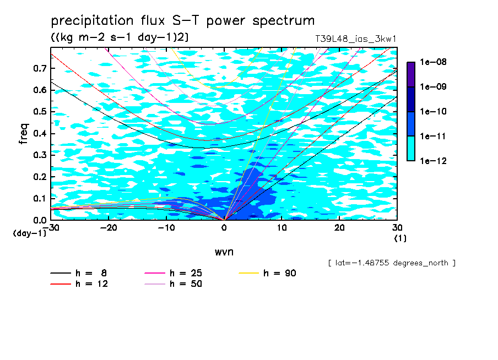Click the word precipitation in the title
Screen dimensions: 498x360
tap(92, 21)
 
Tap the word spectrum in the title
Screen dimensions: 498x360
tap(283, 21)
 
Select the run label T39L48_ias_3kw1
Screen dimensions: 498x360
tap(355, 39)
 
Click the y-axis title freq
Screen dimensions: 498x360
tap(24, 134)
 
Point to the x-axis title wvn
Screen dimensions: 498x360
tap(224, 252)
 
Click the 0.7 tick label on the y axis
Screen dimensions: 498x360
tap(40, 68)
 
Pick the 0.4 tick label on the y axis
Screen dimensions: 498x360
tap(40, 133)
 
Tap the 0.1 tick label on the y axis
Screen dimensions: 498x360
tap(40, 198)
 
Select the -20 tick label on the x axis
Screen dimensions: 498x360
tap(109, 228)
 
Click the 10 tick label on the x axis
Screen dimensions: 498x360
tap(282, 228)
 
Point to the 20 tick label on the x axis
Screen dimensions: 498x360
tap(339, 228)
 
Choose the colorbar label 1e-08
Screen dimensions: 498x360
tap(433, 62)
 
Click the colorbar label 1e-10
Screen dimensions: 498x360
tap(433, 111)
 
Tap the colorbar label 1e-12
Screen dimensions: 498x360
tap(433, 161)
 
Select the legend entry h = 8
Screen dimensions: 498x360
tap(79, 273)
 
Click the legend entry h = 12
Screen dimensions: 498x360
tap(79, 283)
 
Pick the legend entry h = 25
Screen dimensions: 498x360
tap(174, 273)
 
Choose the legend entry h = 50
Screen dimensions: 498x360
tap(174, 283)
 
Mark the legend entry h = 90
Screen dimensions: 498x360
tap(267, 273)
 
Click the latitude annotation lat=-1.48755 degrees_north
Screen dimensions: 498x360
tap(392, 263)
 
